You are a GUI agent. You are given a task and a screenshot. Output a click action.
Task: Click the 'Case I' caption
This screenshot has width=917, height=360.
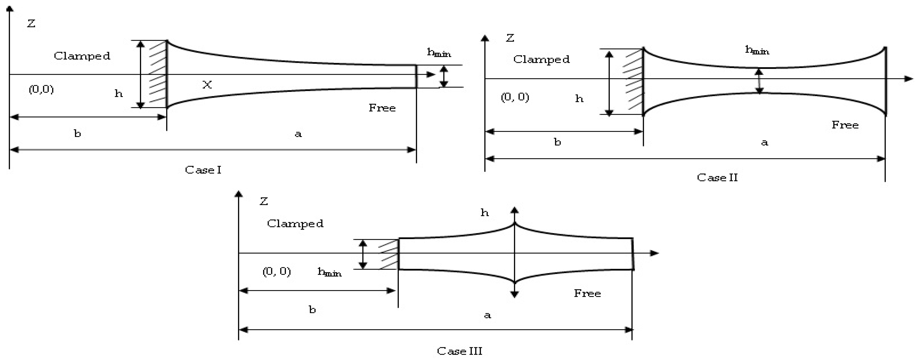pos(203,170)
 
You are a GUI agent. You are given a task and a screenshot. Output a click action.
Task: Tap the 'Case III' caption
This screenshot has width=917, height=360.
pos(459,351)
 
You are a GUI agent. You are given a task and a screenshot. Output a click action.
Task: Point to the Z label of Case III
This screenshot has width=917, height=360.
pos(263,202)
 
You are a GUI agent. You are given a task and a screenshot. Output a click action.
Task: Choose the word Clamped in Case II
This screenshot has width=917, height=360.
pos(541,59)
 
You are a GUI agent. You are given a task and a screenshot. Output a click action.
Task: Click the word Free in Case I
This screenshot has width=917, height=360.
pos(382,108)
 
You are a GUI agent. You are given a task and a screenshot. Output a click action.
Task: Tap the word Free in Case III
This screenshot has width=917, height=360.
pos(587,294)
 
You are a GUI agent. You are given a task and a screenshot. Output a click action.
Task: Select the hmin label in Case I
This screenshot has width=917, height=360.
pos(439,53)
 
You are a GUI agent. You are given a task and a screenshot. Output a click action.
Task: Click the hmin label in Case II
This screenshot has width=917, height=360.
pos(757,50)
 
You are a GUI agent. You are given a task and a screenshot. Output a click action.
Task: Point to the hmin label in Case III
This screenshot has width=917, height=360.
pos(329,272)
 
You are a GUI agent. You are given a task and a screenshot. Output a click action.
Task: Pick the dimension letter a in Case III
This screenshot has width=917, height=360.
pos(487,315)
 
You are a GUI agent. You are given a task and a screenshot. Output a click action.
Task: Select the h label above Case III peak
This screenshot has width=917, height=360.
pos(484,213)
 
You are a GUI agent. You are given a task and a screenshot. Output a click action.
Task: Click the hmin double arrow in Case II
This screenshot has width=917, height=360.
pos(759,81)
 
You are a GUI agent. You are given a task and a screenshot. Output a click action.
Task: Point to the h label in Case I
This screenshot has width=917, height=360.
pos(119,94)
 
